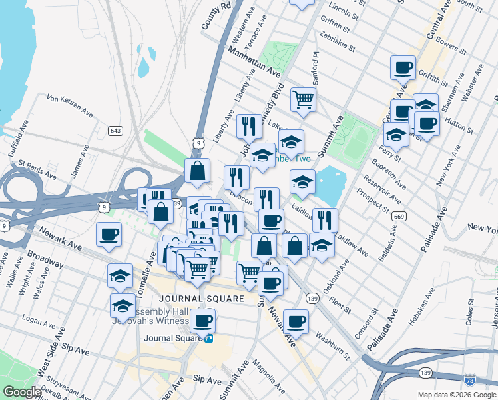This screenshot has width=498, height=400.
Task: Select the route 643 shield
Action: (x=116, y=130)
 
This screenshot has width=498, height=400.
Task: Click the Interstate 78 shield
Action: (x=470, y=379)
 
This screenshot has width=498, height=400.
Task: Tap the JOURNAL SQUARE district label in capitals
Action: (x=201, y=298)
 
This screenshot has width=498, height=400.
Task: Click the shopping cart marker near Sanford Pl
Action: (x=302, y=99)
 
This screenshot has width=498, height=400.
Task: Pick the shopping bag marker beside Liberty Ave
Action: (x=198, y=171)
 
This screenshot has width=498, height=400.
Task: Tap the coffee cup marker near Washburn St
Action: (x=296, y=321)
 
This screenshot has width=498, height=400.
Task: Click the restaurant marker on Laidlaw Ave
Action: (x=325, y=219)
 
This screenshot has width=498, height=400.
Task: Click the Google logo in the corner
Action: (x=22, y=392)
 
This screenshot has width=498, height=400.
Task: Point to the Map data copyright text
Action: (x=457, y=395)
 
